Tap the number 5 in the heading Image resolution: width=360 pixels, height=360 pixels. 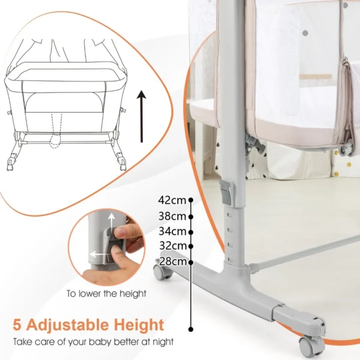(x=18, y=326)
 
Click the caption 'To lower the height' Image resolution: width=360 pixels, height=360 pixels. (x=106, y=294)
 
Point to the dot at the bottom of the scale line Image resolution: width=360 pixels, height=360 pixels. (x=191, y=329)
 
